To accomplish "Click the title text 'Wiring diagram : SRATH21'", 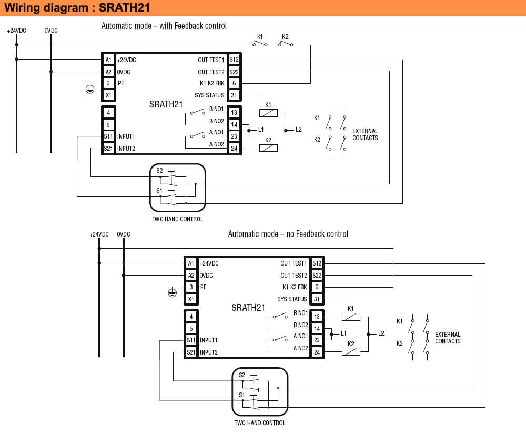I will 74,8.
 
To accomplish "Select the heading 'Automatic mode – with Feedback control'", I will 164,26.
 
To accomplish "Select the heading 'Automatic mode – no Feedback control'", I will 288,234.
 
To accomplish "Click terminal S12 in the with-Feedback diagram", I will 234,60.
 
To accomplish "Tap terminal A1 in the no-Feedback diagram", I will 190,263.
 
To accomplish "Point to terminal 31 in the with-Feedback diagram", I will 234,95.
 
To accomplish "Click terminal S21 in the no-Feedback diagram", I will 190,352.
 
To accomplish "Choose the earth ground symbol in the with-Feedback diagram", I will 90,89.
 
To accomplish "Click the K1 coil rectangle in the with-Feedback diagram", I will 268,113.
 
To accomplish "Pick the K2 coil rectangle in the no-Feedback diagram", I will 351,351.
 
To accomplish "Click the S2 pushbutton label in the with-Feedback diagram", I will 159,171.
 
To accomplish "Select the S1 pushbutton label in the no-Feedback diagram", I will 242,395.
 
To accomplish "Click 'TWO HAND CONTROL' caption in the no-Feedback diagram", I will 260,423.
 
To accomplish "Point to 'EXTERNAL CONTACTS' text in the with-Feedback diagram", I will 365,134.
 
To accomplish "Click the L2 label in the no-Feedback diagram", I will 381,333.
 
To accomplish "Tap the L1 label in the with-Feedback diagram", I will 261,130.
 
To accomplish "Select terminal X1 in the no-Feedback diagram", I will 190,299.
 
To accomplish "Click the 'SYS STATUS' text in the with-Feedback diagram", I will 209,95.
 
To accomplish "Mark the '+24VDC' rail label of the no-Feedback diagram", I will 99,234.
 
